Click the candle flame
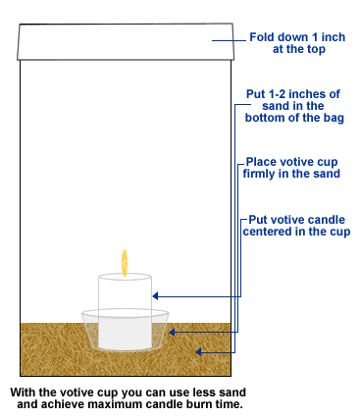[x=125, y=262]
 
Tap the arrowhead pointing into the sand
[x=198, y=349]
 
